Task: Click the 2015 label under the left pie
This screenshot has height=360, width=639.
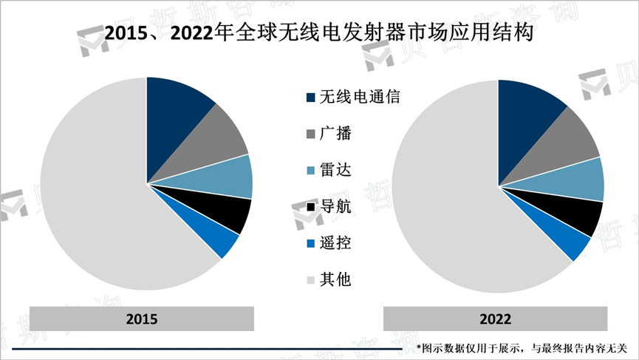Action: pos(142,319)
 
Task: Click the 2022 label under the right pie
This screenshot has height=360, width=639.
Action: pos(495,319)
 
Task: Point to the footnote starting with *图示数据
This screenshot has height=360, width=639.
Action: pos(521,347)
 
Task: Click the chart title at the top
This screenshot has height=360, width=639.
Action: pos(319,33)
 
